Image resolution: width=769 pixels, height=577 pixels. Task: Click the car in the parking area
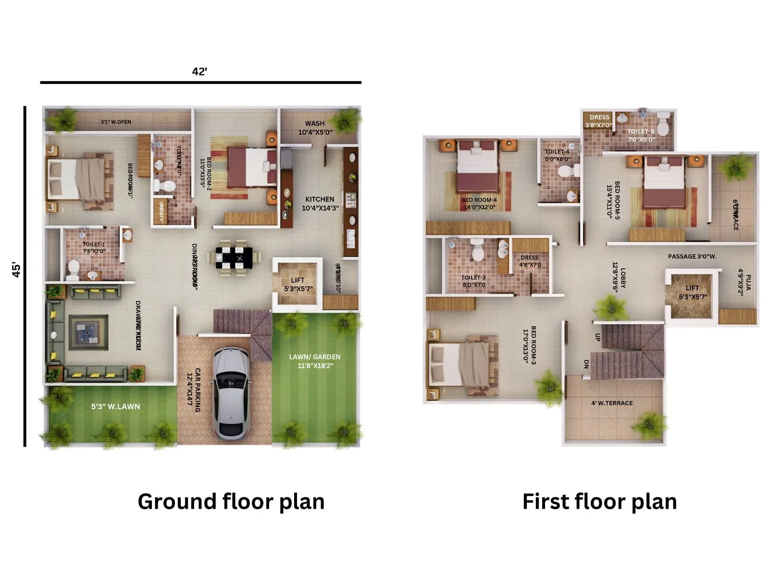coord(231,392)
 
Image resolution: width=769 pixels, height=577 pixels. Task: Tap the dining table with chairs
coord(234,258)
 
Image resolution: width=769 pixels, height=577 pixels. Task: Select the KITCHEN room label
coord(320,199)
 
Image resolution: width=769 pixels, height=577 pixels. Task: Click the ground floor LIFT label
coord(298,280)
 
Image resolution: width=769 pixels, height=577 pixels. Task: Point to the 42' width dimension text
coord(199,72)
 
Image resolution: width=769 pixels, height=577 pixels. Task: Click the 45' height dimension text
coord(16,270)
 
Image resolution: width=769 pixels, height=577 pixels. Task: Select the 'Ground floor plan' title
coord(231,502)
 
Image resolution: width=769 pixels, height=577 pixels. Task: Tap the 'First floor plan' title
coord(599,502)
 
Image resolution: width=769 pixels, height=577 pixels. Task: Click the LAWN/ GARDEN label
coord(315,357)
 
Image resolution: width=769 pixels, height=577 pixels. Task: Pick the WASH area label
coord(315,124)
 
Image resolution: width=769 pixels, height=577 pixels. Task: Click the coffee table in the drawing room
coord(88,332)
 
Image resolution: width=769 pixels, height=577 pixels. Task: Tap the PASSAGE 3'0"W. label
coord(692,256)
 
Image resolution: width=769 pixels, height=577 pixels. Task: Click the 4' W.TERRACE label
coord(612,403)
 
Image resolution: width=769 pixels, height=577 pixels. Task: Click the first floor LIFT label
coord(692,288)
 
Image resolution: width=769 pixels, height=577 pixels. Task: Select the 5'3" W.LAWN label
coord(116,406)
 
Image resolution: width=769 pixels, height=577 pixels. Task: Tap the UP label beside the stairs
coord(597,338)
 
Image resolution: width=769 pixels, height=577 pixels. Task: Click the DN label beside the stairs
coord(586,364)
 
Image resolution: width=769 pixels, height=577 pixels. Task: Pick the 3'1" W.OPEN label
coord(116,122)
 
